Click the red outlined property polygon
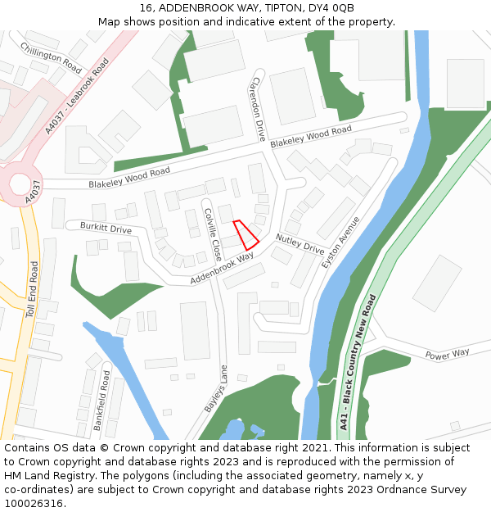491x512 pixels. pos(245,234)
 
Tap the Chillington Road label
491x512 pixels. pos(51,57)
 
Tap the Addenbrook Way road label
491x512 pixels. pos(222,268)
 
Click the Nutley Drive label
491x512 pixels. pos(300,242)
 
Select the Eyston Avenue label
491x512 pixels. pos(340,243)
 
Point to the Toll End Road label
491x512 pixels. pos(32,290)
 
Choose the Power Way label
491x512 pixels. pos(447,354)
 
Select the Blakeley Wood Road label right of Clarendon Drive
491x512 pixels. pos(311,136)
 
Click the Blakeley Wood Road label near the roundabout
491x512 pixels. pos(129,176)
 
